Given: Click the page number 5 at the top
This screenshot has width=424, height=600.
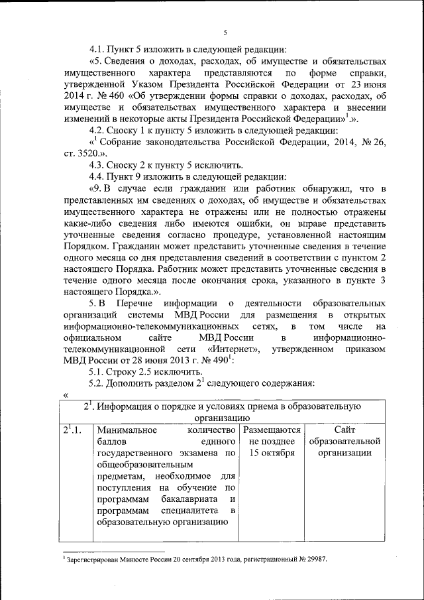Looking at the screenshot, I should [x=225, y=33].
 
